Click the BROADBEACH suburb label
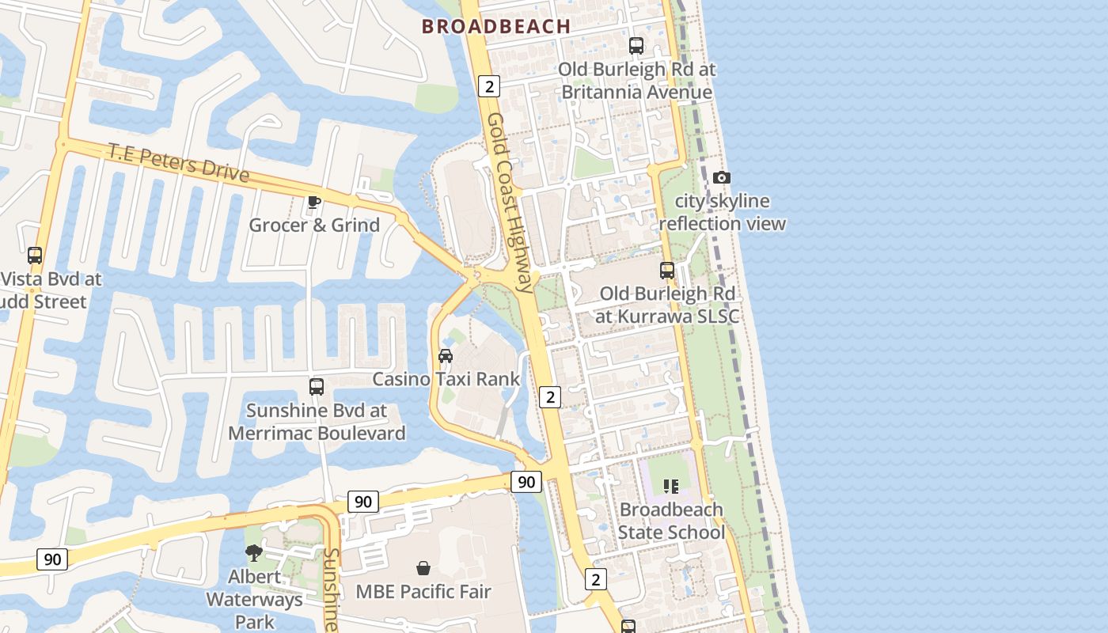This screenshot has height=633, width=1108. tap(496, 26)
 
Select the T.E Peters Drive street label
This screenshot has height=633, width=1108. tap(179, 162)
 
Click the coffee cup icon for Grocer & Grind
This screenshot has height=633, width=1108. tap(314, 202)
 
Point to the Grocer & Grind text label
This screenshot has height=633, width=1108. tap(314, 226)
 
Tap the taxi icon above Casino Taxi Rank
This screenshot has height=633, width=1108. tap(446, 356)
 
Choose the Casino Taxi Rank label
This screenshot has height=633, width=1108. tap(446, 379)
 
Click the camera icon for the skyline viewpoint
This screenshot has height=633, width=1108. tap(722, 178)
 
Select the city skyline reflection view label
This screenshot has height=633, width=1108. tap(722, 212)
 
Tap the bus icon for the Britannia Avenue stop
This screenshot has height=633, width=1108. tap(636, 46)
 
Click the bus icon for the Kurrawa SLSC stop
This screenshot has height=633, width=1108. tap(667, 271)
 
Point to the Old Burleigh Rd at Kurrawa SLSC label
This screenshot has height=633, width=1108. tap(667, 305)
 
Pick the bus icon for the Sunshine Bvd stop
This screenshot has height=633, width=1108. tap(317, 387)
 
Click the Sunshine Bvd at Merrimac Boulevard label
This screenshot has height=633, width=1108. tap(317, 422)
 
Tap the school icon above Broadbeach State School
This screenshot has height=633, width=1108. tap(671, 486)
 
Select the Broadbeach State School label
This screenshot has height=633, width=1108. tap(671, 521)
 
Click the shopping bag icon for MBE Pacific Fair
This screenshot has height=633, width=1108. tap(423, 568)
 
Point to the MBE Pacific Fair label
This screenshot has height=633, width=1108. tap(423, 592)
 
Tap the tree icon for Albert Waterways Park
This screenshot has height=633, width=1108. tap(254, 553)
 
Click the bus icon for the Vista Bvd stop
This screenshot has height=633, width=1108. tap(35, 256)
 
